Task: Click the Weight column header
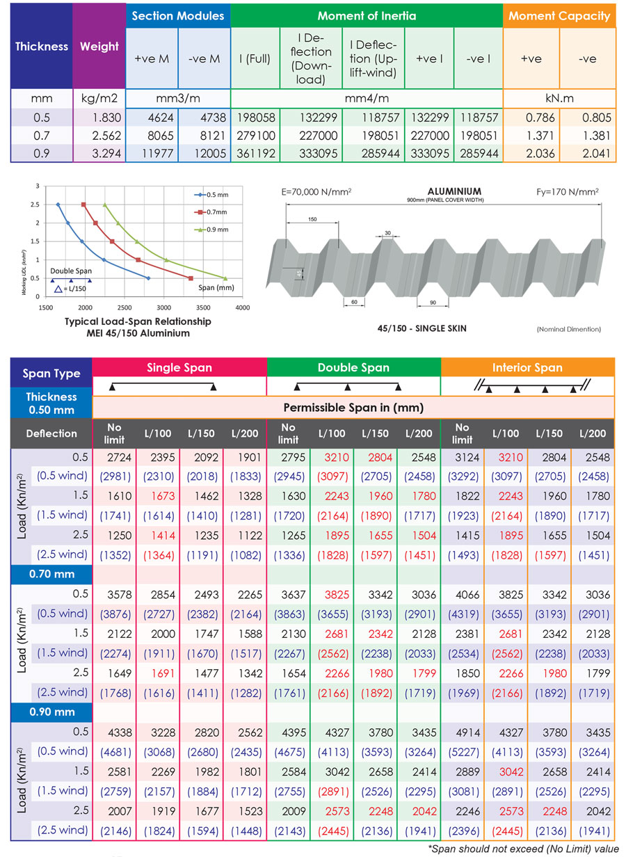99,47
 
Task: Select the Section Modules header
178,15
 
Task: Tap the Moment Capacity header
559,15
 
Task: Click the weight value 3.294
99,152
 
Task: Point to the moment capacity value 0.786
532,119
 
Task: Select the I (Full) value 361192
255,152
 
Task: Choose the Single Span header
179,367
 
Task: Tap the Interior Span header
527,367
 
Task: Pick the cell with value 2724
114,457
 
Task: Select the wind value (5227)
463,751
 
